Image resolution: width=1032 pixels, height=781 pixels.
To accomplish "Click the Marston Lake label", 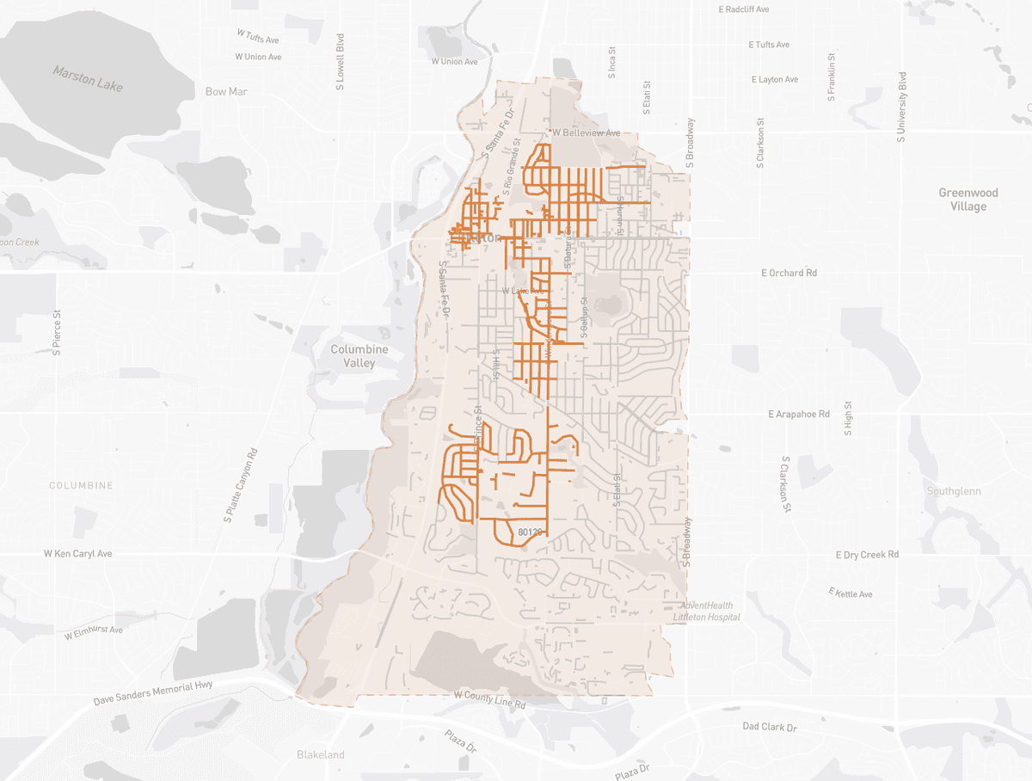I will (88, 78).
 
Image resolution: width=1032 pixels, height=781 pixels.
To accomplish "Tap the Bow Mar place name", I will (226, 91).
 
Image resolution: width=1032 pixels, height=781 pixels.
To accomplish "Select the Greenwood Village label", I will (968, 200).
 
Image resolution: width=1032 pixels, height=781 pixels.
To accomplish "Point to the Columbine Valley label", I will (359, 356).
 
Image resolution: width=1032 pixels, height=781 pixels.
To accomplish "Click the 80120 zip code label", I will (530, 532).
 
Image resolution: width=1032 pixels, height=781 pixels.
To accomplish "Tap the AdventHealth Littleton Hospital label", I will (705, 612).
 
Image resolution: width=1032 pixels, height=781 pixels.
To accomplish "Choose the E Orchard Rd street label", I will (789, 273).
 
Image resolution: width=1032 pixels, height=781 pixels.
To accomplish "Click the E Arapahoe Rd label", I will (798, 414).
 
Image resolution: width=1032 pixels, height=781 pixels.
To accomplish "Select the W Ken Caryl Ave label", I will (77, 554).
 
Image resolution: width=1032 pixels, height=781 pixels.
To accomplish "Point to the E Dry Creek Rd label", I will (867, 555).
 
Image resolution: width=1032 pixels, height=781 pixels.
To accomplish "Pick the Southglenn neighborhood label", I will (954, 491).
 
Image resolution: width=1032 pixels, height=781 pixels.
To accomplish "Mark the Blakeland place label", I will (320, 754).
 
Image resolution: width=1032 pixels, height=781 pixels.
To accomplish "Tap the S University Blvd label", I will (902, 107).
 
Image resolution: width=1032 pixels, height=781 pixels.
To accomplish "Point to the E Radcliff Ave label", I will (742, 9).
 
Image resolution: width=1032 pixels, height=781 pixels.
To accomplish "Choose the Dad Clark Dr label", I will (770, 727).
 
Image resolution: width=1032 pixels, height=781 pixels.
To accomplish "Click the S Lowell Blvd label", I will (341, 62).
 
